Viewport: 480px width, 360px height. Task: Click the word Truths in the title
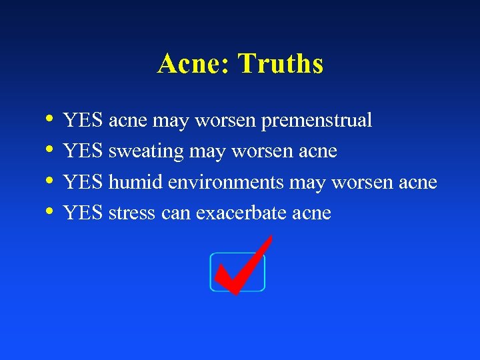pyautogui.click(x=281, y=64)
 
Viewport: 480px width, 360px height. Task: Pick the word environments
pyautogui.click(x=225, y=183)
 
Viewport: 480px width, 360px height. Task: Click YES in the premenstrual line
pyautogui.click(x=83, y=121)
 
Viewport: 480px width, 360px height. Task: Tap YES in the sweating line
pyautogui.click(x=83, y=151)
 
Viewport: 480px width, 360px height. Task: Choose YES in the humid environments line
pyautogui.click(x=83, y=182)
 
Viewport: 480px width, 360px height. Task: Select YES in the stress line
pyautogui.click(x=83, y=213)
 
